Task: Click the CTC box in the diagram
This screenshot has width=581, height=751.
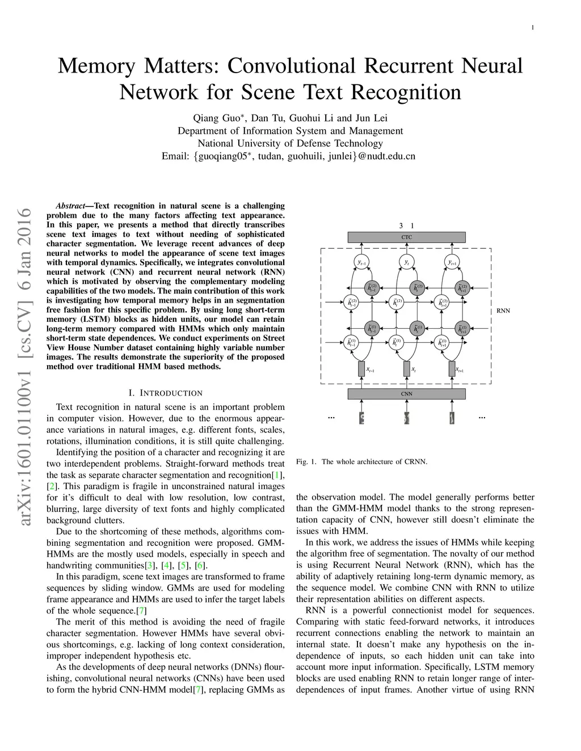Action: point(406,237)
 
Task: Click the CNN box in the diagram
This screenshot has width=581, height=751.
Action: point(406,393)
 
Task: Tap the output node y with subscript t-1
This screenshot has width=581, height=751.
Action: point(361,262)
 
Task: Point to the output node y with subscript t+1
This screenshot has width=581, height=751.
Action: point(452,262)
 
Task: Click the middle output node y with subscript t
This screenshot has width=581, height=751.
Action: point(406,262)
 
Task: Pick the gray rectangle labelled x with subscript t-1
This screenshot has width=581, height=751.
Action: point(361,369)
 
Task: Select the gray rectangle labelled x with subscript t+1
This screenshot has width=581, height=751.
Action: point(452,369)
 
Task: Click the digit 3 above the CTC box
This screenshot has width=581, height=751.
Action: point(401,226)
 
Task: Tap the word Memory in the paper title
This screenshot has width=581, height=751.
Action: point(96,66)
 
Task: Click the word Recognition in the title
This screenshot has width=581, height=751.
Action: point(407,92)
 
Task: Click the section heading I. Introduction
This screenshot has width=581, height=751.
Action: point(166,393)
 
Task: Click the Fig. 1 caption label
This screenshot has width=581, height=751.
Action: point(305,461)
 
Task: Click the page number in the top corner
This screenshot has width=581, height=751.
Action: point(533,27)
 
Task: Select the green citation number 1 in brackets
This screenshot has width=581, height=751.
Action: point(277,475)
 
